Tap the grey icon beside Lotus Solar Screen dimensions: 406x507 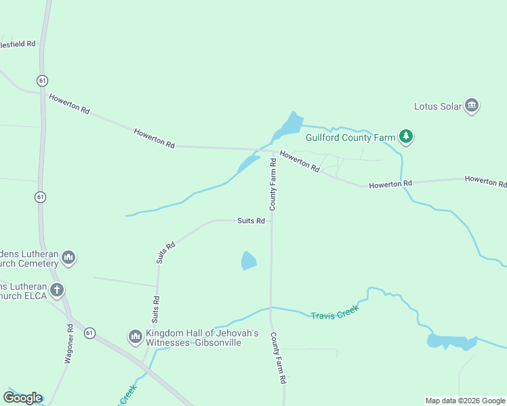pos(472,106)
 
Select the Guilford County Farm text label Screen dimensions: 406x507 pos(350,137)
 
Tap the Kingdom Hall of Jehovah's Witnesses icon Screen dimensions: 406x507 pos(135,336)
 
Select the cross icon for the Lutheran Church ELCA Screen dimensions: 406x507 pos(57,291)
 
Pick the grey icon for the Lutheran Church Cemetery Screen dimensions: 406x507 pos(68,258)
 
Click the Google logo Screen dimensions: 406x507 pos(22,397)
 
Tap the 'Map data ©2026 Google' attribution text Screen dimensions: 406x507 pos(465,401)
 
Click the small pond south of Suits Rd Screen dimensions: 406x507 pos(249,261)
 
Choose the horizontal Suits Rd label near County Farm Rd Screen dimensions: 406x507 pos(250,221)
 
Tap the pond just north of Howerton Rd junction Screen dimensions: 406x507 pos(290,125)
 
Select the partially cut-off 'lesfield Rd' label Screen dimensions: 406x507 pos(18,43)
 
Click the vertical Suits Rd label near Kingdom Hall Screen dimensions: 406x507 pos(157,308)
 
